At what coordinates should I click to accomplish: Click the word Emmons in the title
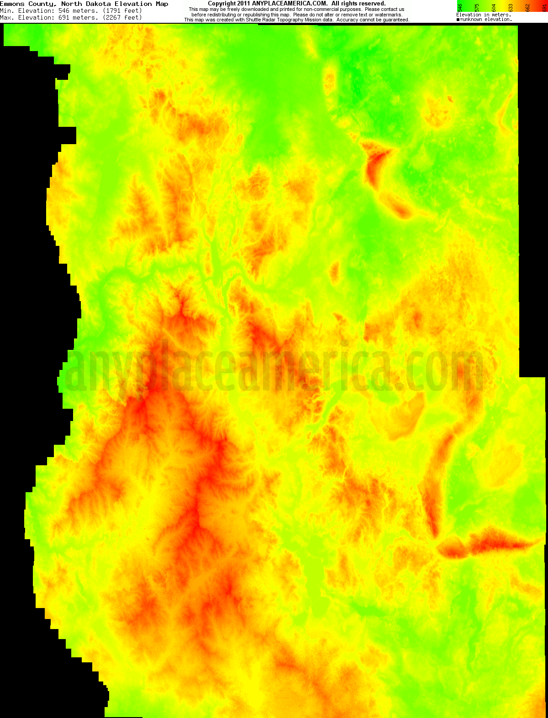[x=12, y=4]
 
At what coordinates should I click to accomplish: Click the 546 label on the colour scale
[x=460, y=8]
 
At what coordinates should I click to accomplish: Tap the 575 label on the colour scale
[x=477, y=8]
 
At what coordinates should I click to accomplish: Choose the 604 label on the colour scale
[x=494, y=8]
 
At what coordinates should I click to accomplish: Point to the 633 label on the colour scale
[x=511, y=8]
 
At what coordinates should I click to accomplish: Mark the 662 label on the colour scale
[x=527, y=8]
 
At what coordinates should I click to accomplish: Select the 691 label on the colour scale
[x=544, y=8]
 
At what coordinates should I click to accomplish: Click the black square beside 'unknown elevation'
[x=458, y=20]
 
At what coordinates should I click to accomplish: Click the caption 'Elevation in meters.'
[x=484, y=15]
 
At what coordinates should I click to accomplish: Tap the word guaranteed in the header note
[x=395, y=20]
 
